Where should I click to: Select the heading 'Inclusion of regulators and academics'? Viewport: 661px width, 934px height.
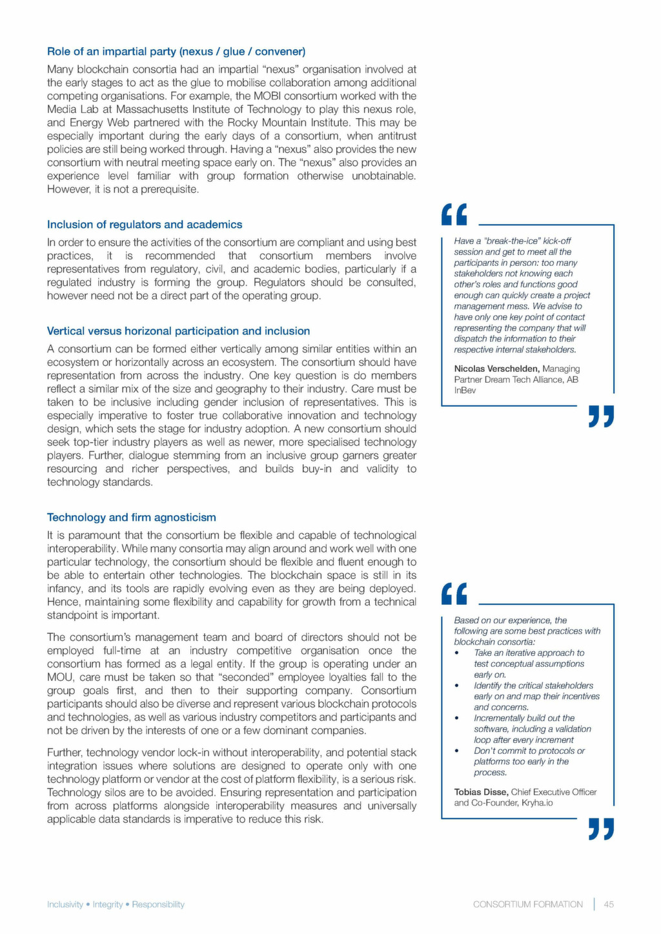click(x=145, y=225)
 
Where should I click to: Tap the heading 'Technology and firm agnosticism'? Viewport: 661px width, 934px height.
click(x=132, y=518)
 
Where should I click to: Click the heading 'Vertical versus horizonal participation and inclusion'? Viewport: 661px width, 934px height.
click(x=178, y=331)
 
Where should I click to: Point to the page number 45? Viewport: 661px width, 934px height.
click(x=609, y=904)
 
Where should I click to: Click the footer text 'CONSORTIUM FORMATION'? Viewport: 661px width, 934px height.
click(x=527, y=904)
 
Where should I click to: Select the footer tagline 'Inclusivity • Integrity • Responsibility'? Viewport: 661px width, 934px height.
click(x=116, y=904)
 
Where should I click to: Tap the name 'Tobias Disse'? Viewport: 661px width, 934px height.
click(x=481, y=792)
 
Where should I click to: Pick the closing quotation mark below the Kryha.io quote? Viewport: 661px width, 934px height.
click(x=601, y=829)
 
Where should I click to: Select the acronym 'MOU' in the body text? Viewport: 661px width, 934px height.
click(x=60, y=677)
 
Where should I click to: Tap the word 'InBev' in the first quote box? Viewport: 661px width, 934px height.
click(x=465, y=391)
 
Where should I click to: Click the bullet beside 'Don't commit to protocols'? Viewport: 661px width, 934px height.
click(x=456, y=751)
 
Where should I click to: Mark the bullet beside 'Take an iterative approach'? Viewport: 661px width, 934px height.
click(x=456, y=653)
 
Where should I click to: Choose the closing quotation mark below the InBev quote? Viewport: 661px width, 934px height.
click(x=601, y=416)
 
